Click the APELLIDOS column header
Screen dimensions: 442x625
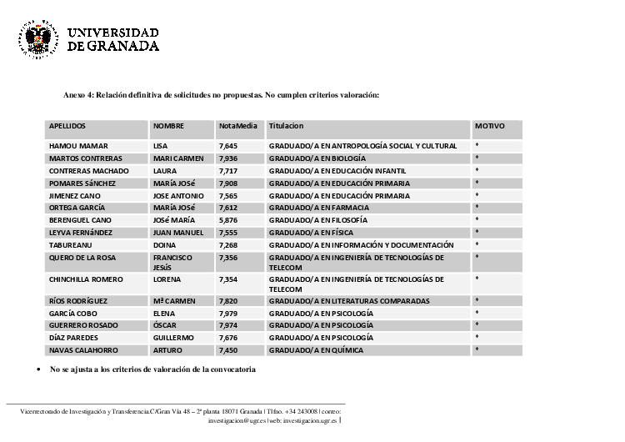67,126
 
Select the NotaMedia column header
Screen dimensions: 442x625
237,126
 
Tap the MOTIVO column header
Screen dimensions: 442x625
489,126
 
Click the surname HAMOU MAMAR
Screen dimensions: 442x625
78,146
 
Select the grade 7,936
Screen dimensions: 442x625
228,158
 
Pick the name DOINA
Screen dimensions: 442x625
164,245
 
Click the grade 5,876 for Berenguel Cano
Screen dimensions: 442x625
228,220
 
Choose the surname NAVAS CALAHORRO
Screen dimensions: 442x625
83,350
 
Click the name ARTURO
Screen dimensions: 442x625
167,350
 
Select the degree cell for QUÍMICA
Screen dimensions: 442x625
316,350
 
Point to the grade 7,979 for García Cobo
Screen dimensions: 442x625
228,313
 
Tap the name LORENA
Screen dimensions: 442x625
167,279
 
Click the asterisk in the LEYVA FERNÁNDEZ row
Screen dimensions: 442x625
477,233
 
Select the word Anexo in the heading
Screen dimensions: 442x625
74,95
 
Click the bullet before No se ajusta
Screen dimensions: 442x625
39,369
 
